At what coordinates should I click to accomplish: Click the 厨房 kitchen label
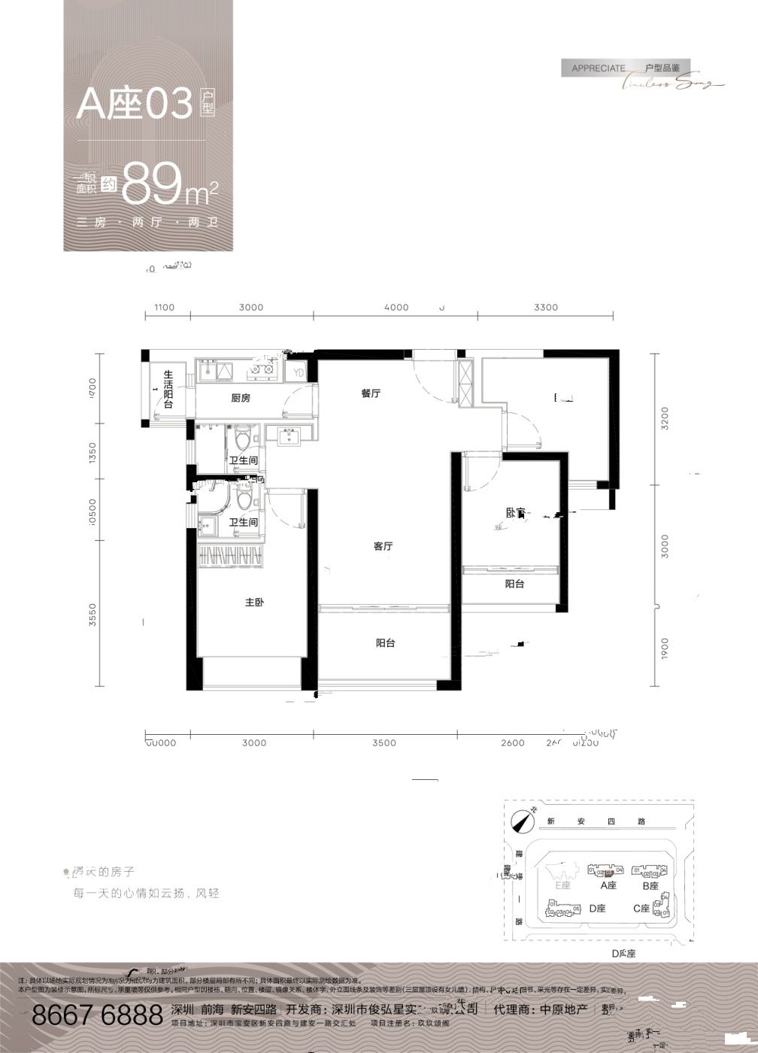pyautogui.click(x=241, y=399)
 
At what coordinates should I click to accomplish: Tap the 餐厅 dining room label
pyautogui.click(x=371, y=393)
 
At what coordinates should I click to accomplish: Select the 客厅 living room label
pyautogui.click(x=384, y=547)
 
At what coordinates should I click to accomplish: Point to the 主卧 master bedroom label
pyautogui.click(x=254, y=602)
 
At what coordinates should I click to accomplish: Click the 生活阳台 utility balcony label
pyautogui.click(x=168, y=389)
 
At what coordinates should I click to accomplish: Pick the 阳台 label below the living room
pyautogui.click(x=385, y=643)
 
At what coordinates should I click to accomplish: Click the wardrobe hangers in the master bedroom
pyautogui.click(x=232, y=557)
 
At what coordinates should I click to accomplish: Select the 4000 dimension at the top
pyautogui.click(x=396, y=307)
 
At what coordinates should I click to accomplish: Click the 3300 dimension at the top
pyautogui.click(x=546, y=307)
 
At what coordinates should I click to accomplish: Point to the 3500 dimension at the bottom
pyautogui.click(x=384, y=743)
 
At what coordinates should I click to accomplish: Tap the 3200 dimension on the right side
pyautogui.click(x=664, y=418)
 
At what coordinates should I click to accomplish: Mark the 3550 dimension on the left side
pyautogui.click(x=93, y=615)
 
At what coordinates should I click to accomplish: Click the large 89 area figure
pyautogui.click(x=153, y=184)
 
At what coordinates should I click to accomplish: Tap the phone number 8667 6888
pyautogui.click(x=97, y=1015)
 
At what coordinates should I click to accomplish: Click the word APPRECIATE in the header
pyautogui.click(x=599, y=68)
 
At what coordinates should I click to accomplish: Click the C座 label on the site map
pyautogui.click(x=641, y=909)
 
